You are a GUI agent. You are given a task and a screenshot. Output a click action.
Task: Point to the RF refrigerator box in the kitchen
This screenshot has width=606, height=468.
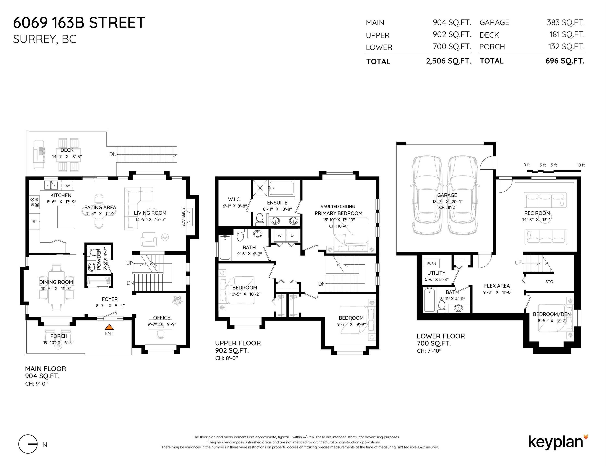pyautogui.click(x=34, y=221)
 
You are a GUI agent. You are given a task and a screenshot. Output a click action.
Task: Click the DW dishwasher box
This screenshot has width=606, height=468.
pyautogui.click(x=67, y=186)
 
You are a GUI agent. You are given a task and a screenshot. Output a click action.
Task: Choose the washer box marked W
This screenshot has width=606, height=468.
pyautogui.click(x=280, y=235)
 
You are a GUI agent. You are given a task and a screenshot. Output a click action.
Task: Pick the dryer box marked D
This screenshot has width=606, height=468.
pyautogui.click(x=292, y=235)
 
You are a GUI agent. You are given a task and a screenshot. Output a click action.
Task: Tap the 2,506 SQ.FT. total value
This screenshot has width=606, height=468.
pyautogui.click(x=448, y=61)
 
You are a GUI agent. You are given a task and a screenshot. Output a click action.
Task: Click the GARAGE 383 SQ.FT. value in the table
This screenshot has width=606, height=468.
pyautogui.click(x=566, y=23)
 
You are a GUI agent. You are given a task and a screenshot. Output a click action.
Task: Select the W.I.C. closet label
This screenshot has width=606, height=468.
pyautogui.click(x=234, y=199)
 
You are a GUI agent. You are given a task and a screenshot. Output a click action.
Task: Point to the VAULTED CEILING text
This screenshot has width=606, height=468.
pyautogui.click(x=338, y=206)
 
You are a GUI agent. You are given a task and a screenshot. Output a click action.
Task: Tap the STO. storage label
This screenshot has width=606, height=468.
pyautogui.click(x=550, y=282)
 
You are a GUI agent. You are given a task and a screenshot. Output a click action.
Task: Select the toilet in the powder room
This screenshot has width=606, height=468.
pyautogui.click(x=94, y=252)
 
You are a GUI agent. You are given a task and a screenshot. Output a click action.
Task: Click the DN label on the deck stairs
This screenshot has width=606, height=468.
pyautogui.click(x=113, y=154)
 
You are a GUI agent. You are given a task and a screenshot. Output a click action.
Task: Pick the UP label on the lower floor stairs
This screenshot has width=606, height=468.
pyautogui.click(x=518, y=263)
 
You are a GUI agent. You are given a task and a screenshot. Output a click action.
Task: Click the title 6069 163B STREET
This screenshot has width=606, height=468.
pyautogui.click(x=79, y=23)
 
